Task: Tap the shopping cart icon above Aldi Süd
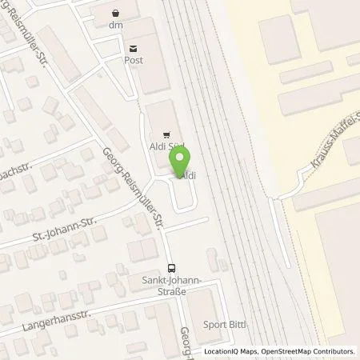pyautogui.click(x=166, y=134)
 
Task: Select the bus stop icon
pyautogui.click(x=170, y=269)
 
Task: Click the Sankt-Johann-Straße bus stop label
pyautogui.click(x=170, y=286)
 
